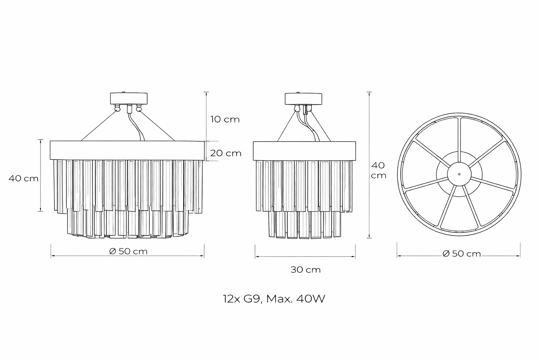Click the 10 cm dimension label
click(x=225, y=120)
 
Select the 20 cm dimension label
click(x=226, y=153)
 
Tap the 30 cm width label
click(x=306, y=270)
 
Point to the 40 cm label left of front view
click(x=24, y=179)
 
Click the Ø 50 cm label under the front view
click(x=128, y=251)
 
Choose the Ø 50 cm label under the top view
click(x=462, y=254)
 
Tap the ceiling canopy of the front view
click(x=129, y=98)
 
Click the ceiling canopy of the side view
click(x=303, y=99)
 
